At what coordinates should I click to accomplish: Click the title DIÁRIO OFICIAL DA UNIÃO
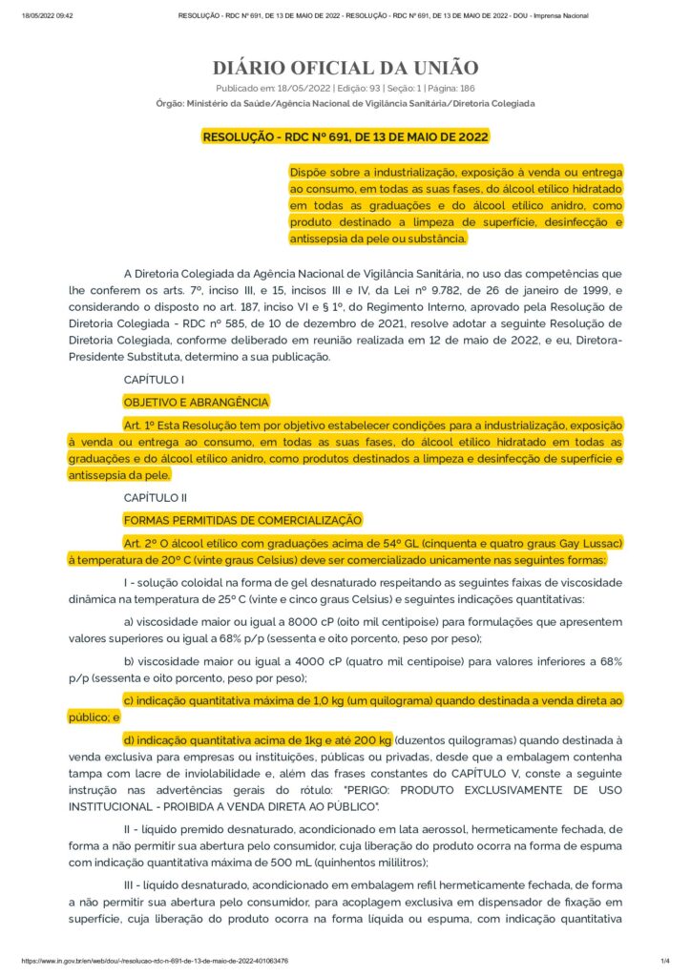click(345, 68)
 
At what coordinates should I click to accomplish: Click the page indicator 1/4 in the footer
click(664, 961)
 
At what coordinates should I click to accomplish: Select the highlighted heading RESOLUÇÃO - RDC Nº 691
click(345, 136)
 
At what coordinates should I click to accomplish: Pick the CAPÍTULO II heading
click(156, 497)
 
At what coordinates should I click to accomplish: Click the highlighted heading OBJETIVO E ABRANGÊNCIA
click(196, 402)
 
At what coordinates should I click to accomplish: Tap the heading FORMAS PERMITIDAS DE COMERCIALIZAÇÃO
click(242, 520)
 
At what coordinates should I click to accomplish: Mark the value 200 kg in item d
click(372, 739)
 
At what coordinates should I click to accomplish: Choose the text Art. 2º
click(140, 542)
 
